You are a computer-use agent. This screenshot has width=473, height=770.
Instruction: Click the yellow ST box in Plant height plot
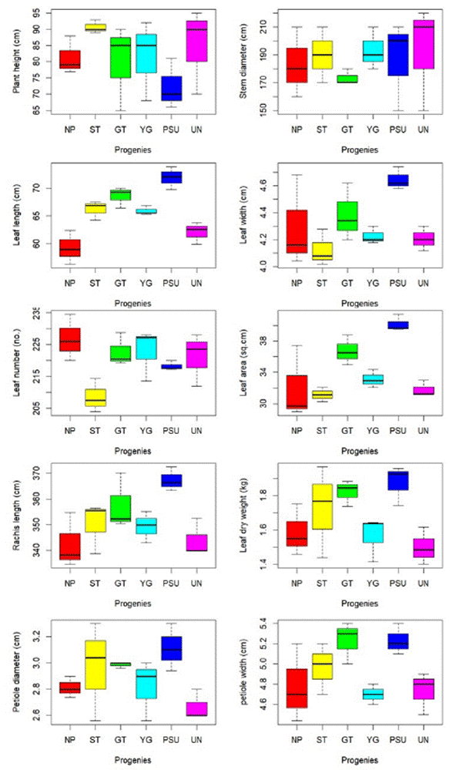tap(96, 28)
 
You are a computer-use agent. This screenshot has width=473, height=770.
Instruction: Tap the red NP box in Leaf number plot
tap(70, 339)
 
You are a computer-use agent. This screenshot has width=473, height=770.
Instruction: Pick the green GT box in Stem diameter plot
tap(347, 79)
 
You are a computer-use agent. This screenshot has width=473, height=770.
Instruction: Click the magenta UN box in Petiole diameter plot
tap(196, 709)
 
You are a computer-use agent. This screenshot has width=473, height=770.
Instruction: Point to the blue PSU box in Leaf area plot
tap(398, 324)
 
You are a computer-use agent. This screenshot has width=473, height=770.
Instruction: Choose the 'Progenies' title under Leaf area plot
tap(359, 450)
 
